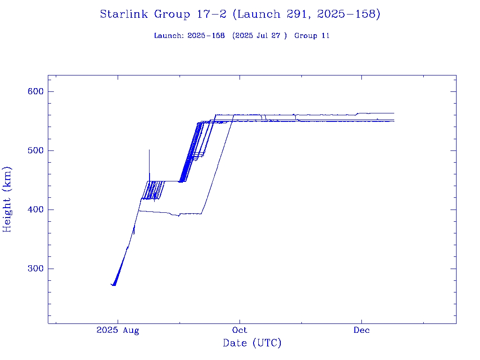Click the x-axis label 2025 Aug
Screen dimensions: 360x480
pos(118,330)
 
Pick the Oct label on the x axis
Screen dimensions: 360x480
pos(240,330)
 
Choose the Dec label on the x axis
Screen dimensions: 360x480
pos(361,330)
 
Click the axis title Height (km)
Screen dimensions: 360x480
pos(7,199)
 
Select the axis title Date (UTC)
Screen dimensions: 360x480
pos(252,343)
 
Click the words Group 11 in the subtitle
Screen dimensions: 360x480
pos(312,36)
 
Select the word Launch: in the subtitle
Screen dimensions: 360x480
pos(168,36)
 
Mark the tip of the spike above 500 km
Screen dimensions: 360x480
pos(149,150)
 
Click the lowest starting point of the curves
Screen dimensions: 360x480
pos(113,285)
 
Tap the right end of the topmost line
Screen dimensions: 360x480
pos(394,113)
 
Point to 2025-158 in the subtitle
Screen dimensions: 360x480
pos(206,36)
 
